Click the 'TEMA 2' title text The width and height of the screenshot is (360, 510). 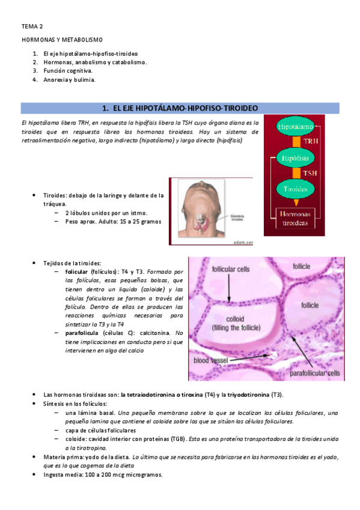tap(32, 26)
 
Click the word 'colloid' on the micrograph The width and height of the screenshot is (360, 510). tap(235, 319)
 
